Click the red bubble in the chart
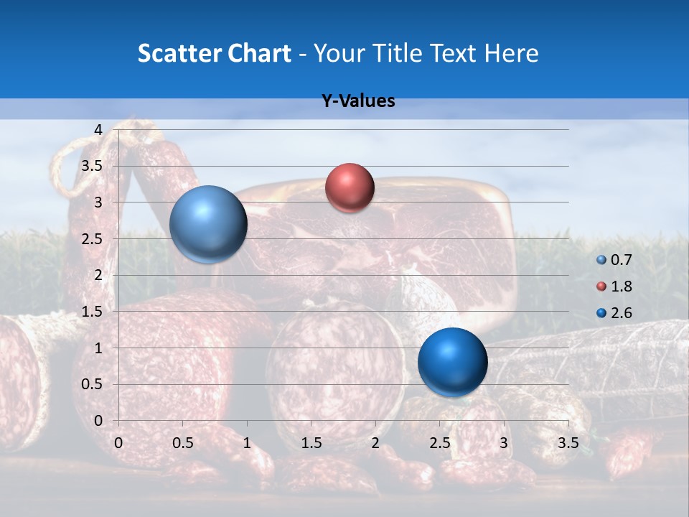350,188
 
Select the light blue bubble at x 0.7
208,224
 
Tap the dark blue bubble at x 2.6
452,363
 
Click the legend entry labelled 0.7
615,260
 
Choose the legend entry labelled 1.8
615,287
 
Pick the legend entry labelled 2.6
615,312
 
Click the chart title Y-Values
357,101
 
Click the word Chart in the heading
260,53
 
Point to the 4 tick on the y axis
98,129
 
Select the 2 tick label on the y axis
98,275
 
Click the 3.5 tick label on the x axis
568,443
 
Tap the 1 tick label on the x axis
247,443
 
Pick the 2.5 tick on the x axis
439,443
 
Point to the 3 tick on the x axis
504,443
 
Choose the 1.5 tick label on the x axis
311,443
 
